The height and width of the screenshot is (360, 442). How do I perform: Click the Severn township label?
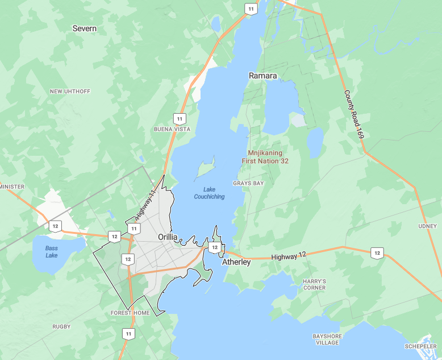(x=85, y=28)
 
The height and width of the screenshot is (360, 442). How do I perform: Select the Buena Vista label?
(x=172, y=129)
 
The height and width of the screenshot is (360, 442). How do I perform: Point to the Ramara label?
(x=263, y=76)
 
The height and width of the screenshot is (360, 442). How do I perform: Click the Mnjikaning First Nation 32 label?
(x=269, y=157)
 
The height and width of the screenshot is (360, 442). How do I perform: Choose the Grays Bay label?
(x=248, y=183)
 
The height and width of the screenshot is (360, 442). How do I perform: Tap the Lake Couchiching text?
(x=209, y=193)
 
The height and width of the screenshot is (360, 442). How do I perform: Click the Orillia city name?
(x=168, y=237)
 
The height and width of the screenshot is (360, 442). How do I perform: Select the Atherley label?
(x=236, y=262)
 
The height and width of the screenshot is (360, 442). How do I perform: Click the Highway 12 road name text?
(x=289, y=257)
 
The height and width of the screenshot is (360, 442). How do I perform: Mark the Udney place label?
(x=427, y=226)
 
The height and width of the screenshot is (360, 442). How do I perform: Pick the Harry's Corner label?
(x=314, y=284)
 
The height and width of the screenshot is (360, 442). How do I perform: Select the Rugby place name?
(x=61, y=326)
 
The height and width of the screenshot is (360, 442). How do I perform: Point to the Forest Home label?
(x=130, y=313)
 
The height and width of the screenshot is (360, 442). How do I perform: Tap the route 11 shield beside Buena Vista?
(x=180, y=119)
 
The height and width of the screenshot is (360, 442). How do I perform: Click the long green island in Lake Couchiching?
(x=205, y=168)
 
